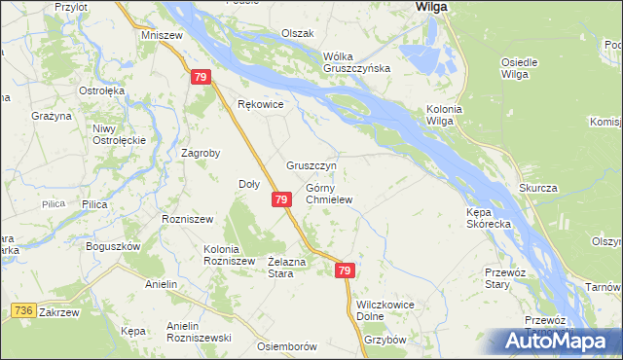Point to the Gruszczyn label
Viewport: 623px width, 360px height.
(311, 165)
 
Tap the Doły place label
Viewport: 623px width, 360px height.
(249, 184)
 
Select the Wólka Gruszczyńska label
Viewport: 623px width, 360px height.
(357, 61)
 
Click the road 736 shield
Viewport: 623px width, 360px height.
(24, 309)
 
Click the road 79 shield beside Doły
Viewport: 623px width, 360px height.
(280, 199)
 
